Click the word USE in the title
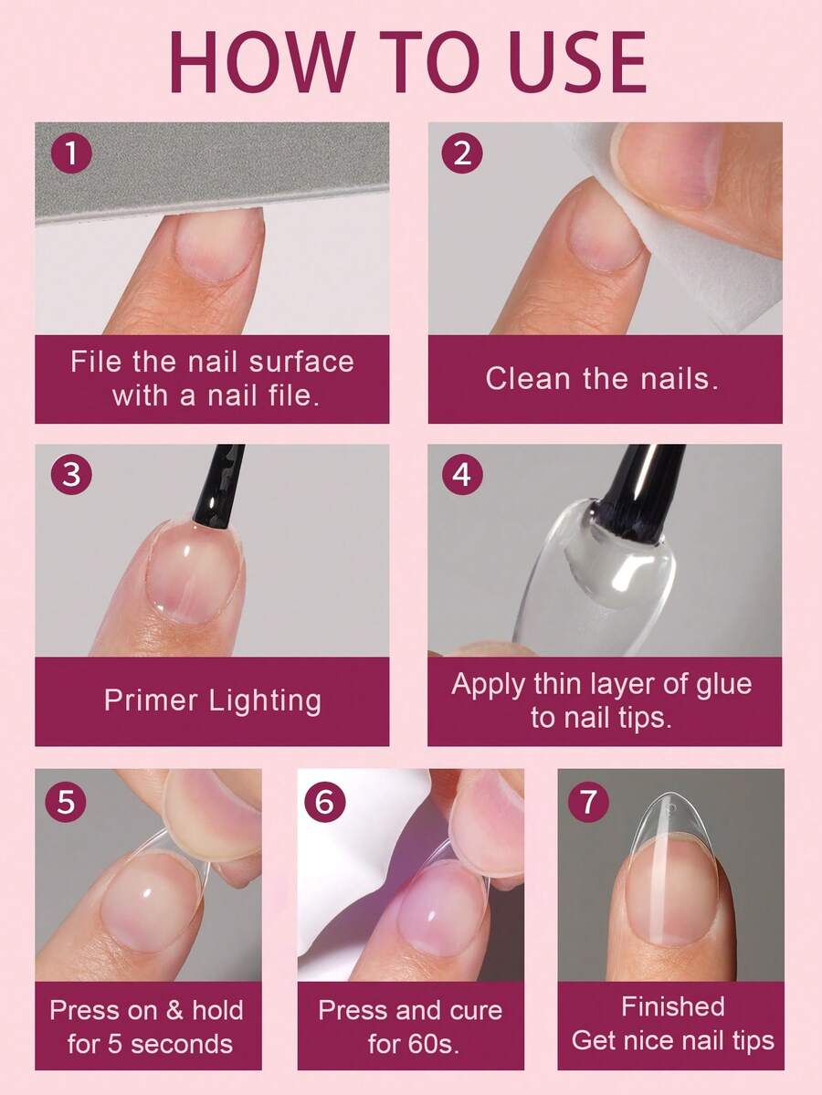tap(570, 62)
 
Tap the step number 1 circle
tap(71, 153)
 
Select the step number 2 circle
tap(462, 153)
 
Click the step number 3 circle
tap(71, 474)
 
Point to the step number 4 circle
tap(462, 474)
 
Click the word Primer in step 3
tap(150, 700)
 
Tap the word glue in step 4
tap(725, 685)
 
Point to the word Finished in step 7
tap(673, 1007)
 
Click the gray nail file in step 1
tap(212, 170)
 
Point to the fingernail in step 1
tap(219, 246)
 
